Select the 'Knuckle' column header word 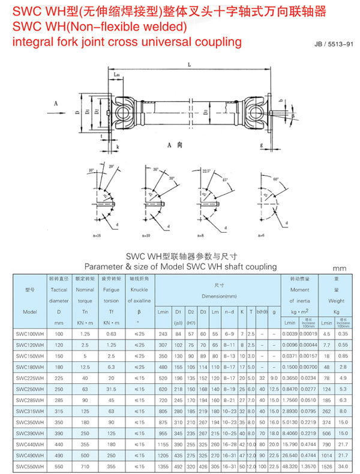pos(139,290)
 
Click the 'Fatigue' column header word pos(112,290)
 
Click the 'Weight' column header pos(336,301)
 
